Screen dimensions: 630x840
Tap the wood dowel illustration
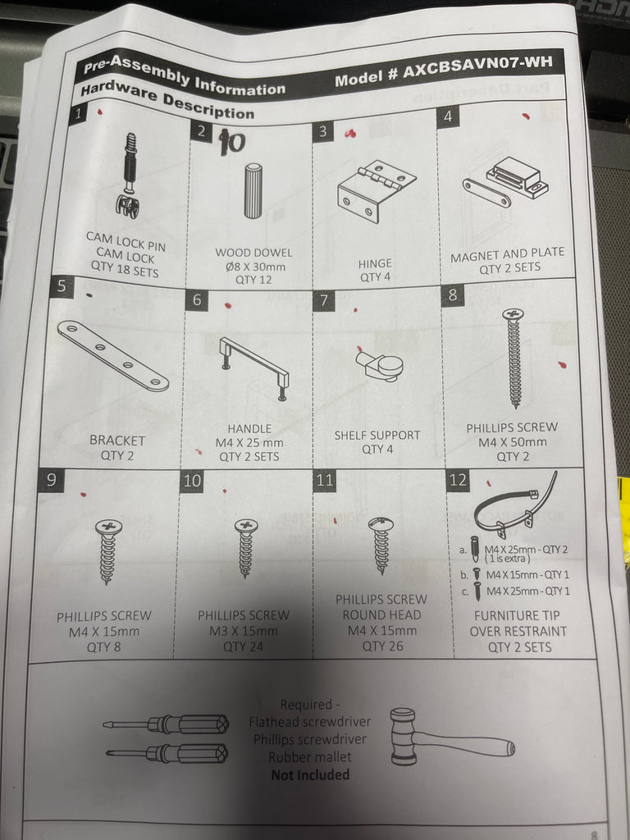[x=253, y=190]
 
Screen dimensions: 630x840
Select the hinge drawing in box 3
[x=377, y=190]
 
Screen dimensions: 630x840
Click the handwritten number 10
[x=232, y=143]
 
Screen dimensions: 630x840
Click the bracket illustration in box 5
[x=113, y=355]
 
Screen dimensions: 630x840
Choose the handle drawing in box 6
[x=255, y=368]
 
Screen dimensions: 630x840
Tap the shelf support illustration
[x=379, y=363]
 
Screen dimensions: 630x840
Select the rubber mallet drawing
[x=452, y=737]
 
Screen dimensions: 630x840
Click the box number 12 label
[x=458, y=480]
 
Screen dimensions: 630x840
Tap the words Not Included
[x=310, y=774]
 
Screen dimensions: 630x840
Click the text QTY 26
[x=382, y=646]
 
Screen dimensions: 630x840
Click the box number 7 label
[x=323, y=301]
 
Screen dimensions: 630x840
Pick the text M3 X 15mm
[x=243, y=631]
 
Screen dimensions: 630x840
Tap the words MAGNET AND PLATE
[x=507, y=255]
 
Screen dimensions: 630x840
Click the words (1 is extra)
[x=507, y=559]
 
